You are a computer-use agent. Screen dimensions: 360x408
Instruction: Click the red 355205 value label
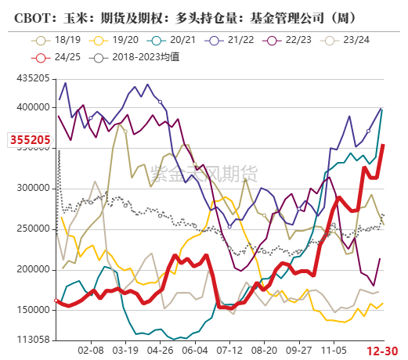pos(31,141)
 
